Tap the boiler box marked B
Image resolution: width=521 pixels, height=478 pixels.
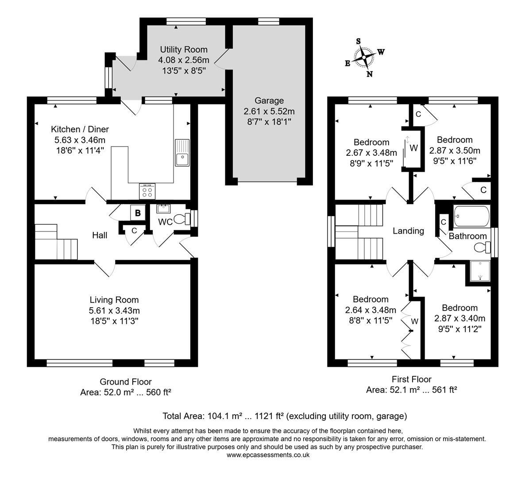138,213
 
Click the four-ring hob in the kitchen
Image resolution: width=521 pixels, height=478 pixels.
147,191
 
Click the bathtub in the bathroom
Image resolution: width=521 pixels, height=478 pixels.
471,216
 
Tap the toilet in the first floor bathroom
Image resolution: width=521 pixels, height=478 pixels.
482,247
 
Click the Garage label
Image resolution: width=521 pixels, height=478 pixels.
269,100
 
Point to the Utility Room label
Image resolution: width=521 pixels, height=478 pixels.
184,49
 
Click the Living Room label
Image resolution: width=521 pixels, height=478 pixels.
114,300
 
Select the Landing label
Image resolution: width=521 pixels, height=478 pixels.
408,231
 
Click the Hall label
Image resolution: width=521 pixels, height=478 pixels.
100,235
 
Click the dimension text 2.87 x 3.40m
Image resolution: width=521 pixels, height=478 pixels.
459,318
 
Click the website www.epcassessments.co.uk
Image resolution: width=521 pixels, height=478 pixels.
268,455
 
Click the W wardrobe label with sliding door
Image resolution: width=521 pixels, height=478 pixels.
413,148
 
